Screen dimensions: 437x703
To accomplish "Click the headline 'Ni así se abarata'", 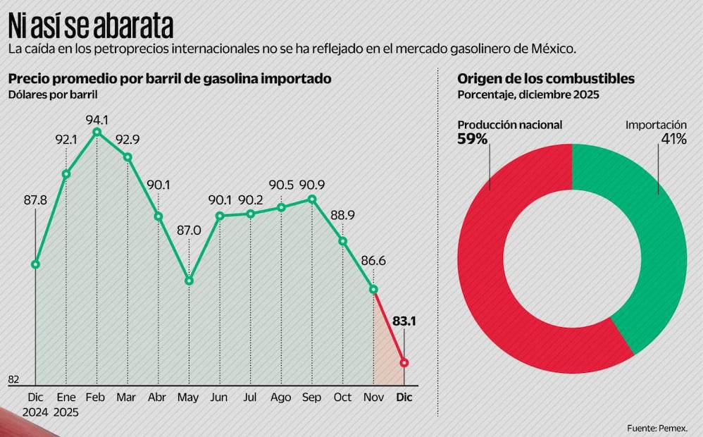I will (x=91, y=27).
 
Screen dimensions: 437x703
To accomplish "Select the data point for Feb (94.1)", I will (x=97, y=132).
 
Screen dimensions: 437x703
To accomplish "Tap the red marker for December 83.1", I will (x=404, y=362).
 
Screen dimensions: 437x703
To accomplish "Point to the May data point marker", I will (x=189, y=281).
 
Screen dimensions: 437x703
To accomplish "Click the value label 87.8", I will (x=35, y=200).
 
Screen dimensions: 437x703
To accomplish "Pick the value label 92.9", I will (x=127, y=140).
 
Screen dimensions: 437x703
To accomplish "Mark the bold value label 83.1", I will (x=404, y=321).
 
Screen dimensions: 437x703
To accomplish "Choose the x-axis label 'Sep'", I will (x=311, y=398).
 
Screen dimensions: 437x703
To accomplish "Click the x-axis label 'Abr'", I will (x=158, y=398).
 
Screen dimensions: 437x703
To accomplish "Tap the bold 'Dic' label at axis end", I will (x=404, y=398).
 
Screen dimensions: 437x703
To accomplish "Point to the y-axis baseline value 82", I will (x=13, y=379).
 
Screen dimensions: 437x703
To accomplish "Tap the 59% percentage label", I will (x=473, y=140).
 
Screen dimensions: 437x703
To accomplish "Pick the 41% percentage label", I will (x=673, y=140).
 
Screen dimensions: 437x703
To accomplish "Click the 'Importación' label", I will (x=656, y=125).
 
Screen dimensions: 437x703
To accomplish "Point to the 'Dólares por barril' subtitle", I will (x=53, y=94).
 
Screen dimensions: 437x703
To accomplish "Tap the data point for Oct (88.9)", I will (x=342, y=240).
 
